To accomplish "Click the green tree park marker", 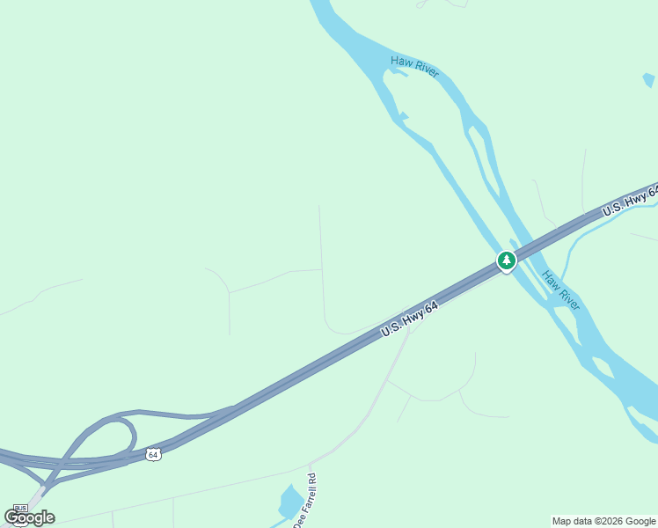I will (506, 260).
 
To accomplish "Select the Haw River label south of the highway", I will (561, 290).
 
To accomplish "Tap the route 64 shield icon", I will (154, 454).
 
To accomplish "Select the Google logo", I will (29, 517).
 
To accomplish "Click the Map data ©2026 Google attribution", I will (604, 521).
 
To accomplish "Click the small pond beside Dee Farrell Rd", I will (289, 501).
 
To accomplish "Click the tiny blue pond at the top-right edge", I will (649, 81).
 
